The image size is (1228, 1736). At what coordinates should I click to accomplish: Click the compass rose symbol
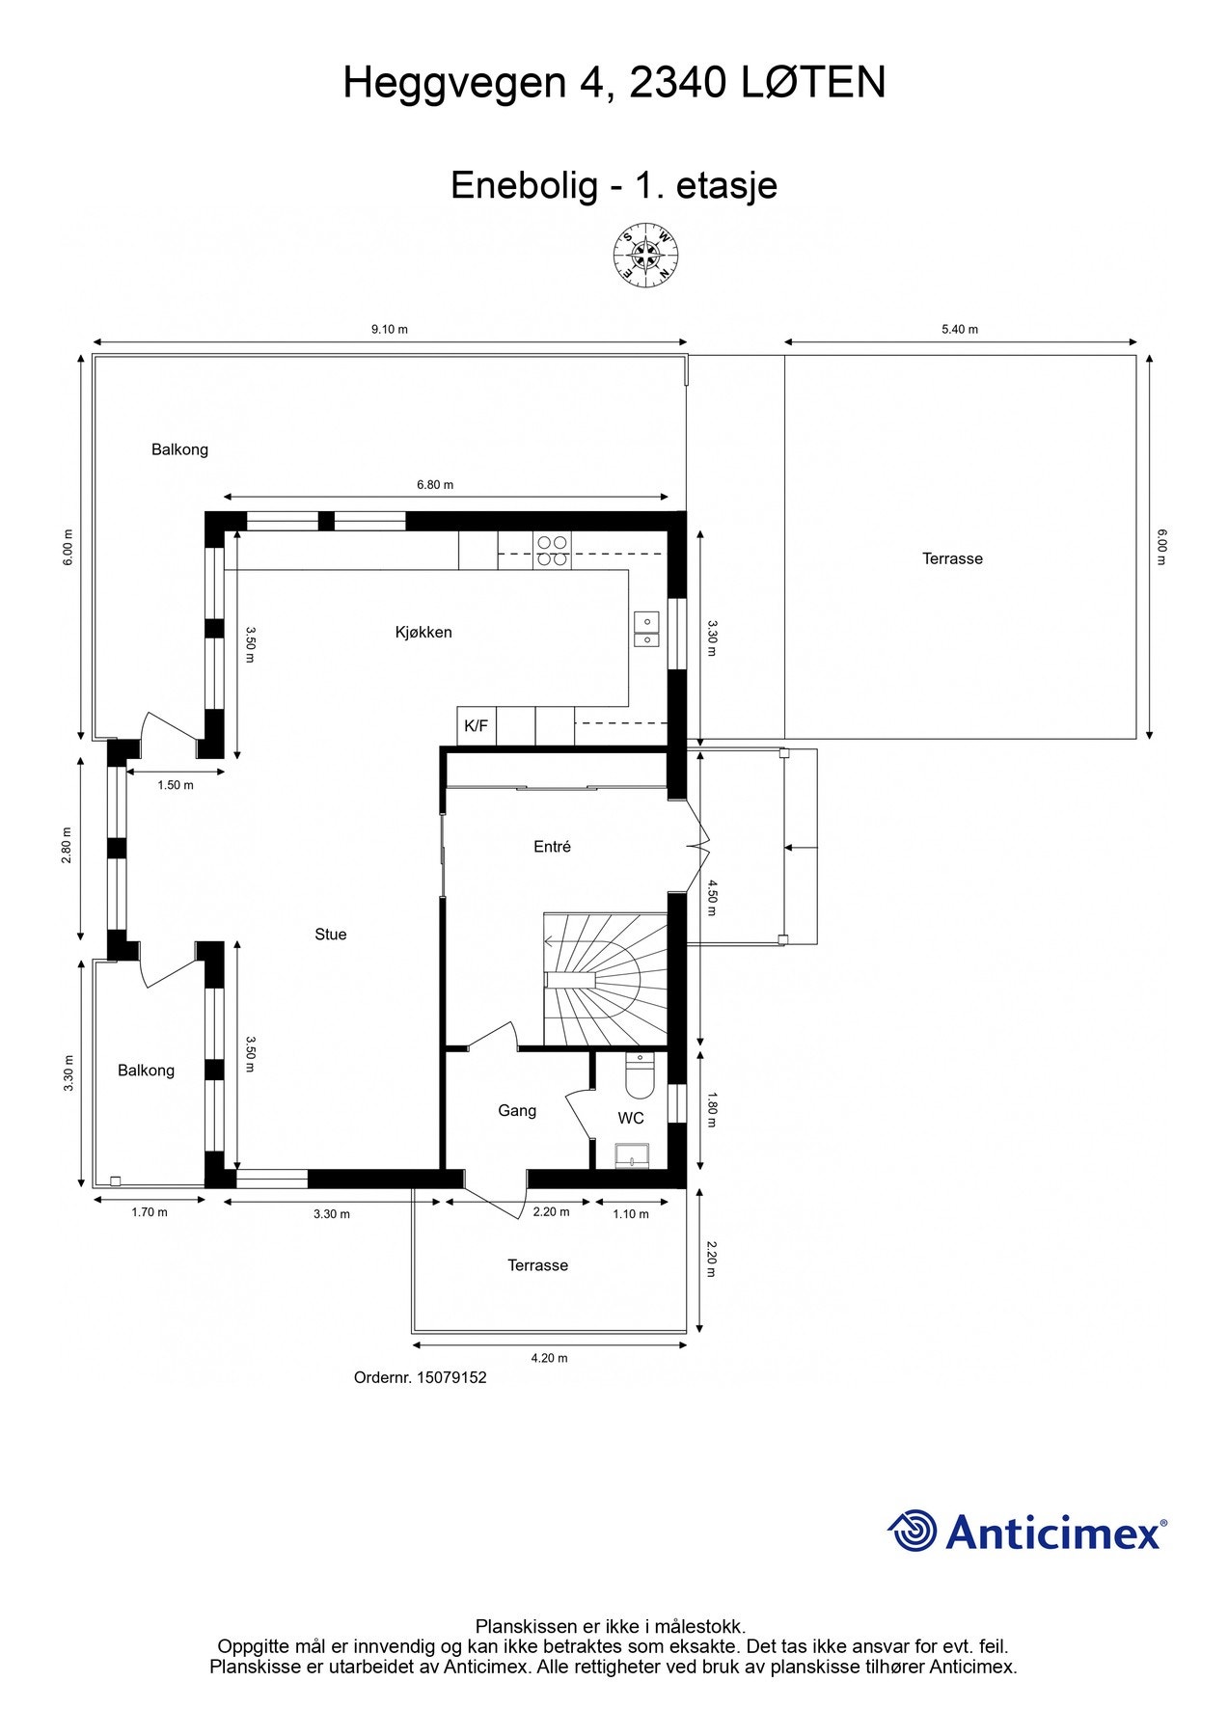[645, 256]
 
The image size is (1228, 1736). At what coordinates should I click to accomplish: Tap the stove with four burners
[553, 550]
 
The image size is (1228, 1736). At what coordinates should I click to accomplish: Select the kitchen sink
[645, 629]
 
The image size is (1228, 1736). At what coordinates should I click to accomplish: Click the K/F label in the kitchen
[476, 726]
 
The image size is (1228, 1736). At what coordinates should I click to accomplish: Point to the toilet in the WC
[639, 1075]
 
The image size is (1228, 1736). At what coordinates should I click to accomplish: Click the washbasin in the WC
[633, 1154]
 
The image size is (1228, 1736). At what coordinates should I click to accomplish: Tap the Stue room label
[330, 934]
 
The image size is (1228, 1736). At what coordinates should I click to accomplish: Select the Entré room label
[552, 847]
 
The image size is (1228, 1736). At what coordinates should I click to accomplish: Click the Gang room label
[517, 1110]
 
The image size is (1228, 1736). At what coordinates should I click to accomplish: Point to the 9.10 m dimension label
[390, 329]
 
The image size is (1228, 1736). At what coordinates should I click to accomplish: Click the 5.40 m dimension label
[960, 329]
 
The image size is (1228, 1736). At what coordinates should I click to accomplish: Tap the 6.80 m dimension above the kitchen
[435, 484]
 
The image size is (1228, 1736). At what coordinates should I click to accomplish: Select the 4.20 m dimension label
[549, 1358]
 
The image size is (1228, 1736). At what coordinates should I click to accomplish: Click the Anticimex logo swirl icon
[912, 1531]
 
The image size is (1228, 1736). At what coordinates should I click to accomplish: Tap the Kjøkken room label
[423, 633]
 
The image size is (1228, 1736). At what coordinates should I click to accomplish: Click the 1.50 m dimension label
[176, 785]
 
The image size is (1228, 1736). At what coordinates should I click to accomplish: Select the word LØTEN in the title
[813, 83]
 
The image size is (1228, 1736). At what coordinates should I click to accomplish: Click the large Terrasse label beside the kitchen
[952, 558]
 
